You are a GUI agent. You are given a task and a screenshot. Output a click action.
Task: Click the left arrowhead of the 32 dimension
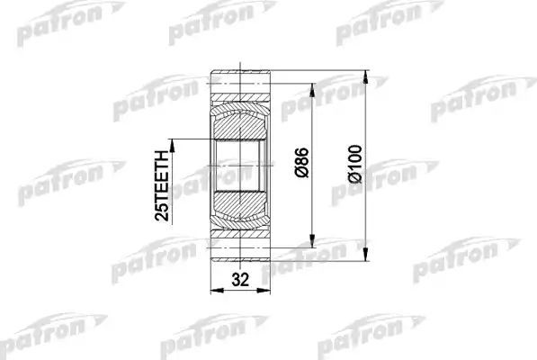click(215, 291)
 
